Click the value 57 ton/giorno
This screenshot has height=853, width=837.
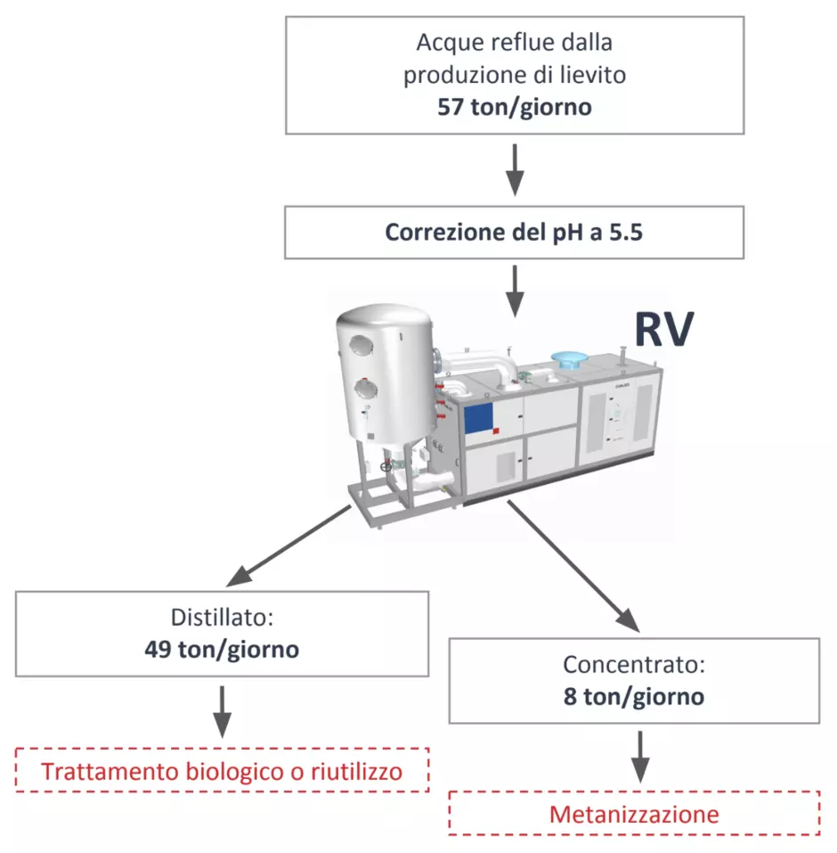point(514,107)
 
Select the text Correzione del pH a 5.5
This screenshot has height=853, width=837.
point(514,233)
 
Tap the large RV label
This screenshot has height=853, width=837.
point(664,329)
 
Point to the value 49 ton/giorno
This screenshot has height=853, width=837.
point(222,650)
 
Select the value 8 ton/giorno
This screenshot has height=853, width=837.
point(634,697)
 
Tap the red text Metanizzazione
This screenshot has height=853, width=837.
point(634,815)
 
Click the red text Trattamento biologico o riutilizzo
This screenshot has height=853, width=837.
point(222,771)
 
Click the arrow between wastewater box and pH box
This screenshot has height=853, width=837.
point(515,169)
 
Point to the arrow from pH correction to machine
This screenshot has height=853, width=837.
point(515,291)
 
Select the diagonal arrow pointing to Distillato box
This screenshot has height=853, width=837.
point(288,545)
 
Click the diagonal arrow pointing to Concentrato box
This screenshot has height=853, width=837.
point(573,566)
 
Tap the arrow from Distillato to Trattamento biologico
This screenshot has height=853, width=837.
point(222,711)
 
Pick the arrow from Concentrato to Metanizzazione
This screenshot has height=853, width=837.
point(639,757)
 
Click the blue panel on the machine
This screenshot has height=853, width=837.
point(478,418)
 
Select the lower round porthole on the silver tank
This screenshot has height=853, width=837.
point(364,389)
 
